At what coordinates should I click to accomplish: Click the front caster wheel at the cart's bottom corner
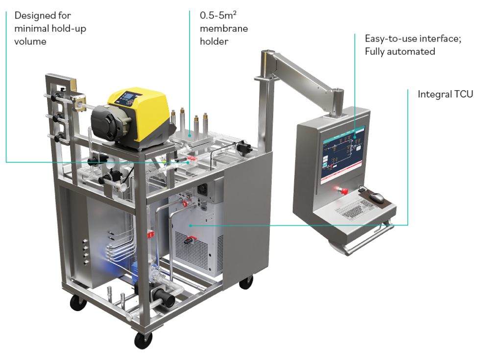point(143,339)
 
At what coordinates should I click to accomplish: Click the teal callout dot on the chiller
point(191,225)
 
